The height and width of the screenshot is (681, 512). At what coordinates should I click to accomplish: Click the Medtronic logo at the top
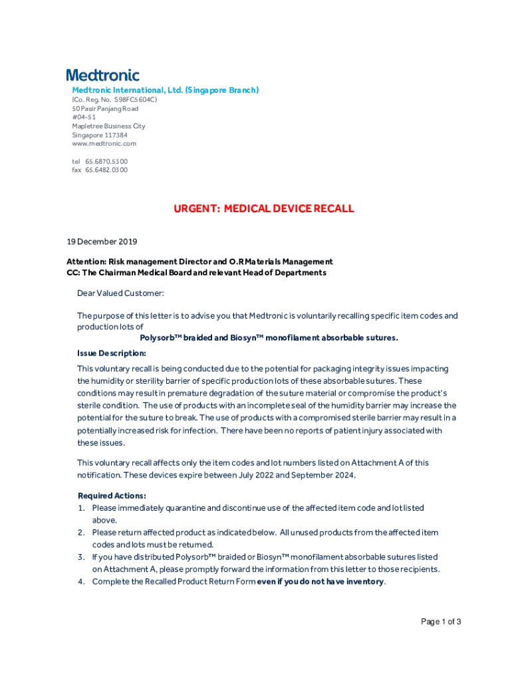click(102, 75)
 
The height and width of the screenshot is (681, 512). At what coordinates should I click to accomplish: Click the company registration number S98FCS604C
click(136, 100)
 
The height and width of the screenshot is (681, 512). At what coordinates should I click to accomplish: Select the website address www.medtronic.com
click(104, 144)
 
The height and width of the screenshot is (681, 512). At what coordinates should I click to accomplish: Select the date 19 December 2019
click(102, 241)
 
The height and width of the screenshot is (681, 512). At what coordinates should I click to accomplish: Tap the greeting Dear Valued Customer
click(120, 293)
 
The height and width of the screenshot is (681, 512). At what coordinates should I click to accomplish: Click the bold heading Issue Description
click(111, 353)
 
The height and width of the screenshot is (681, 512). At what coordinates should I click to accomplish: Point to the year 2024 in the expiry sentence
click(344, 476)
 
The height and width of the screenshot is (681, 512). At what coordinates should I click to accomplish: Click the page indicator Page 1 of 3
click(441, 622)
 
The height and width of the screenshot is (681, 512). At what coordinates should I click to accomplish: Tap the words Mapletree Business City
click(108, 126)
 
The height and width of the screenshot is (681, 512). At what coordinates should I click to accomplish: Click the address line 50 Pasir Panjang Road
click(105, 108)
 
